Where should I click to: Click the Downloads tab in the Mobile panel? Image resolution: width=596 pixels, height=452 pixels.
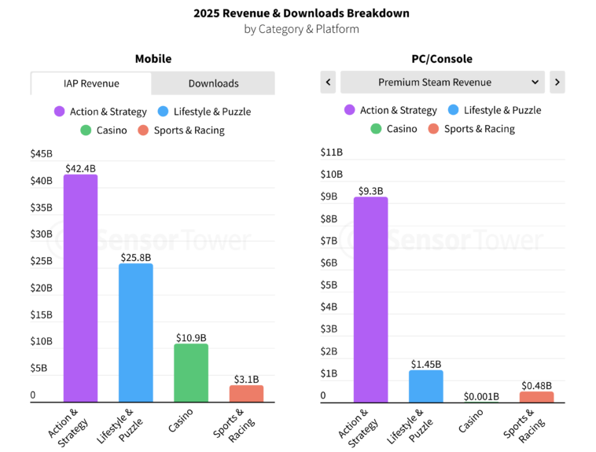coord(213,83)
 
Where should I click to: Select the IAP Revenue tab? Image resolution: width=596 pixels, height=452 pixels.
coord(91,83)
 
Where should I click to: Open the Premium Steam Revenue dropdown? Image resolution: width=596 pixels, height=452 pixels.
coord(442,82)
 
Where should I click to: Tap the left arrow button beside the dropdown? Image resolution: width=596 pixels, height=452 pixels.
coord(328,82)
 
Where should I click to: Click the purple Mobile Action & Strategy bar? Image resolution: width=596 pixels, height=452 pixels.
coord(80,288)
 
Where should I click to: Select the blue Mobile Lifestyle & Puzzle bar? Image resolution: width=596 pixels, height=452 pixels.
coord(135,333)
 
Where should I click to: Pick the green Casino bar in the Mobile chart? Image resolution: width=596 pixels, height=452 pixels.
coord(191,373)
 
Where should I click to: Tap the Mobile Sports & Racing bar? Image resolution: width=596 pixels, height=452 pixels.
coord(246,393)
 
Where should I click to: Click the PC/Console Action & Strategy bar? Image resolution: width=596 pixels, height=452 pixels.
coord(370,299)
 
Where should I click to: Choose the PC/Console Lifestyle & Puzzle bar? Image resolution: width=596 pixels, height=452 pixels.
coord(425,386)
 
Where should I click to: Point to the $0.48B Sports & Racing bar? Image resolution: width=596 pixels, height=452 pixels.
coord(536,396)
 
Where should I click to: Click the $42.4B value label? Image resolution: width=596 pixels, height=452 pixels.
coord(80,167)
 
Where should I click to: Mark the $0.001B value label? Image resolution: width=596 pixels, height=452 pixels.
coord(481,396)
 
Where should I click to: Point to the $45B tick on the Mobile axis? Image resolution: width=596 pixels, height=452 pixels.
coord(41,153)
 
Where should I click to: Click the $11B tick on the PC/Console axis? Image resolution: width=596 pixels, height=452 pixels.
coord(332,152)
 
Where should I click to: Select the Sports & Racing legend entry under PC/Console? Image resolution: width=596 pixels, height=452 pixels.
coord(470,129)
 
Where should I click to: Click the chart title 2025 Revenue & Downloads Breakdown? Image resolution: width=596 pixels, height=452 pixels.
coord(301,13)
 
